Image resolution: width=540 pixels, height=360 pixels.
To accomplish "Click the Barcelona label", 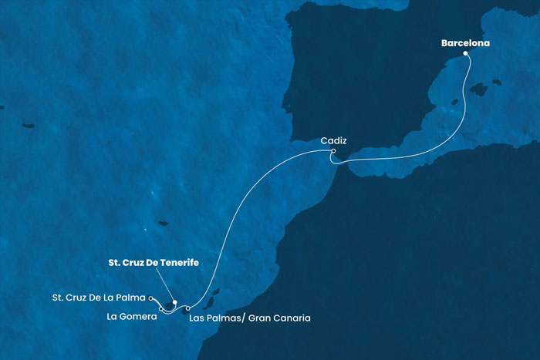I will click(466, 43).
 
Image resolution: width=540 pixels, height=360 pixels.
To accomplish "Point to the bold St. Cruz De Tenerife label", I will click(151, 262).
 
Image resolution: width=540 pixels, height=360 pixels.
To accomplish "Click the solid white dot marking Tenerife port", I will click(175, 302).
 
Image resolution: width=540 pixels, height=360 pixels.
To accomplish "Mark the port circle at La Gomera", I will click(161, 309).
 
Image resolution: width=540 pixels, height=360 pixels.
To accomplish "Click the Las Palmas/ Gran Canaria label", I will click(249, 317).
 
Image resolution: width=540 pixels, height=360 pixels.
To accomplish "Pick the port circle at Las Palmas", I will click(188, 309).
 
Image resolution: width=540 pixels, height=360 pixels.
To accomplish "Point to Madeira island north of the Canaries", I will click(163, 224).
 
